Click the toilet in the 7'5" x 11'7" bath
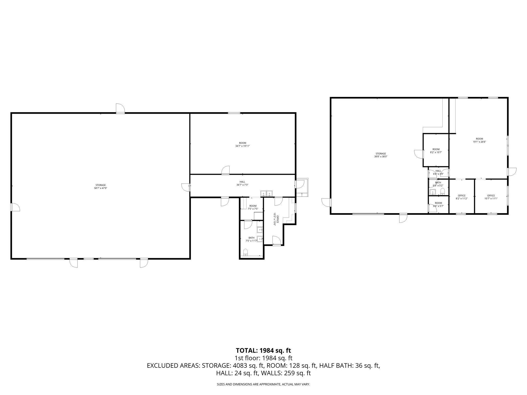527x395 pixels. (x=245, y=252)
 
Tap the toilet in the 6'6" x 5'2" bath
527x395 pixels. (x=443, y=191)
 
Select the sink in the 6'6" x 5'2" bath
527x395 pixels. (x=433, y=192)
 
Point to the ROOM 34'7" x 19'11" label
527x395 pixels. (x=242, y=145)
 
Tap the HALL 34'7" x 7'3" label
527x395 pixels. (x=242, y=183)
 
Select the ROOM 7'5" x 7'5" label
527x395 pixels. (x=253, y=207)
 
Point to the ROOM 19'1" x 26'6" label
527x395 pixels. (x=479, y=140)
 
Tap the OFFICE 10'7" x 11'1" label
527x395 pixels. (x=491, y=197)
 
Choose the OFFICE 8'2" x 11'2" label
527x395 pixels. (x=462, y=197)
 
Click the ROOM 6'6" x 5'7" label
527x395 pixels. (x=438, y=204)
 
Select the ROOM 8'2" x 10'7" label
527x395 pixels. (x=436, y=151)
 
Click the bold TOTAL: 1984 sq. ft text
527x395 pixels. (x=263, y=351)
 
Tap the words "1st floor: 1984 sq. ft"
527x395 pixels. (x=263, y=358)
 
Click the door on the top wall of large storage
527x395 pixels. (x=120, y=109)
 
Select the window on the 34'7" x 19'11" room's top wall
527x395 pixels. (x=234, y=113)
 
